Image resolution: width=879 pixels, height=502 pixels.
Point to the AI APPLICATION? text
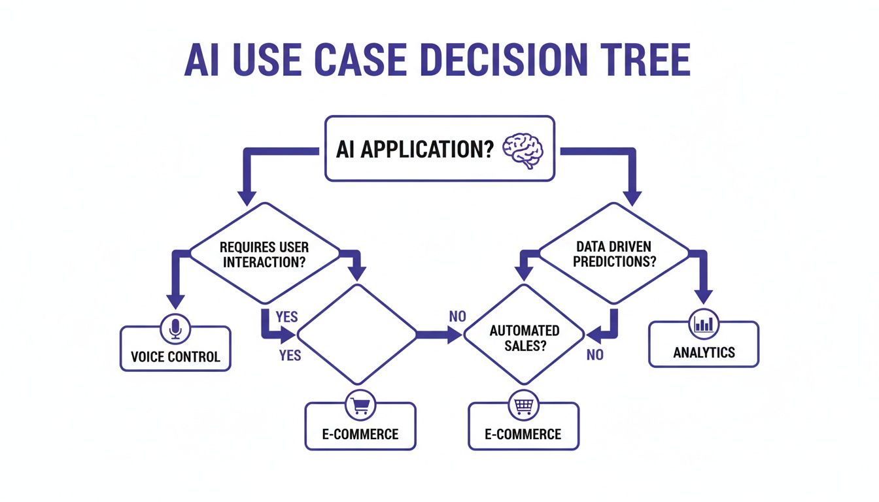pyautogui.click(x=414, y=150)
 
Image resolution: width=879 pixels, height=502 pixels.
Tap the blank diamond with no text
pyautogui.click(x=357, y=335)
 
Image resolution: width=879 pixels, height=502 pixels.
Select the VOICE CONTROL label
pyautogui.click(x=175, y=357)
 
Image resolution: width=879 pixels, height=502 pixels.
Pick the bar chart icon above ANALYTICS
pyautogui.click(x=704, y=324)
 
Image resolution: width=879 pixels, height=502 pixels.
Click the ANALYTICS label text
pyautogui.click(x=704, y=352)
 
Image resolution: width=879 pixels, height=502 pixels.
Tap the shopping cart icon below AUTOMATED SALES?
pyautogui.click(x=524, y=407)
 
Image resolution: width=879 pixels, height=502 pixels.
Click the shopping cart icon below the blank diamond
pyautogui.click(x=360, y=407)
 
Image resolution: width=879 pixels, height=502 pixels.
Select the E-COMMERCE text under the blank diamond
pyautogui.click(x=360, y=434)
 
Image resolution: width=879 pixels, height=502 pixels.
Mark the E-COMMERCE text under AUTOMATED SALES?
pyautogui.click(x=523, y=434)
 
